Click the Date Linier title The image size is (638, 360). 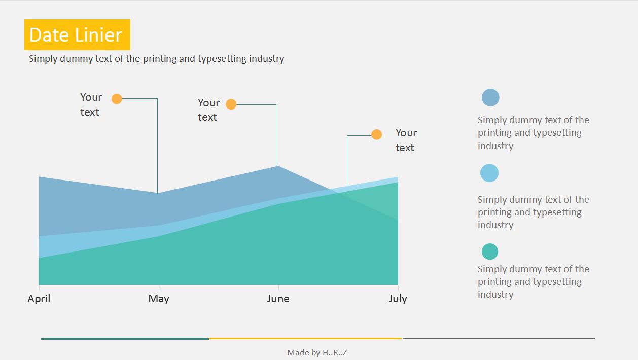pyautogui.click(x=77, y=35)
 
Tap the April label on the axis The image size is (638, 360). pyautogui.click(x=39, y=299)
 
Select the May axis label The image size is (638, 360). pyautogui.click(x=159, y=299)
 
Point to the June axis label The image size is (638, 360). pyautogui.click(x=278, y=299)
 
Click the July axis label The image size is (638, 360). pyautogui.click(x=398, y=299)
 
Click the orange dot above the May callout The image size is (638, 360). pyautogui.click(x=117, y=99)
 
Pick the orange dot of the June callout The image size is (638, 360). pyautogui.click(x=231, y=104)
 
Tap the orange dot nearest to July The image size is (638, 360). pyautogui.click(x=376, y=134)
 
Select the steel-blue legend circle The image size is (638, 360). pyautogui.click(x=490, y=98)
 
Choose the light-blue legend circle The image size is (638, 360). pyautogui.click(x=489, y=173)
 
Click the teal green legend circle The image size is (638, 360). pyautogui.click(x=490, y=251)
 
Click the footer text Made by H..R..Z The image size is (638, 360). pyautogui.click(x=317, y=353)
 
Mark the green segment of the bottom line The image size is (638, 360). pyautogui.click(x=125, y=339)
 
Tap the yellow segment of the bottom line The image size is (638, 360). pyautogui.click(x=305, y=339)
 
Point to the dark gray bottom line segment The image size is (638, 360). pyautogui.click(x=499, y=338)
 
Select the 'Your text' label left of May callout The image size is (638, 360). pyautogui.click(x=91, y=104)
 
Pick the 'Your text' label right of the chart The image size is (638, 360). pyautogui.click(x=406, y=140)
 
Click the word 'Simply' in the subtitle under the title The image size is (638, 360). pyautogui.click(x=43, y=59)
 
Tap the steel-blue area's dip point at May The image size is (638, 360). pyautogui.click(x=158, y=193)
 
